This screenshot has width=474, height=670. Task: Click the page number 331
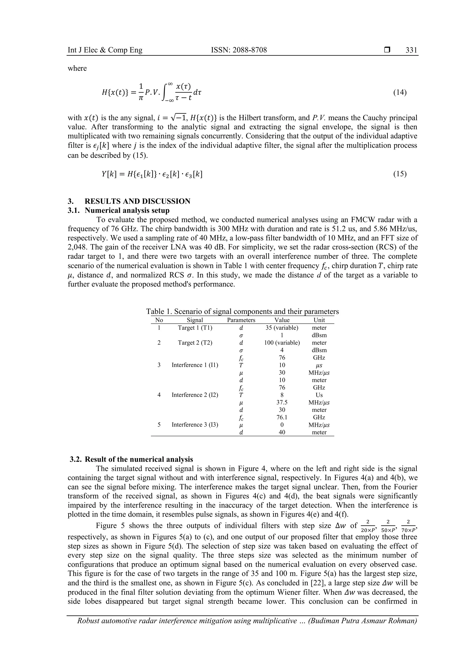(x=411, y=50)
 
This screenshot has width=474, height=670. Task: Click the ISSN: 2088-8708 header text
(x=239, y=50)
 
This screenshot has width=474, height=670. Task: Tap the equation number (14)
(x=399, y=93)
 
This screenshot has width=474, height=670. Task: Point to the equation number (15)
(x=399, y=174)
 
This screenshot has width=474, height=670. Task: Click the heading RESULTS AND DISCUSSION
(x=137, y=201)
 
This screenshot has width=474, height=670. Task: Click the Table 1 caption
(x=242, y=311)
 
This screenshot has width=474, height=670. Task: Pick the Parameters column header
(x=241, y=320)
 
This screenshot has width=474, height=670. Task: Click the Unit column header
(x=319, y=320)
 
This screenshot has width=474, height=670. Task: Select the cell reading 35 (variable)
(x=282, y=328)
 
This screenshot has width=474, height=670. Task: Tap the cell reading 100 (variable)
(x=282, y=343)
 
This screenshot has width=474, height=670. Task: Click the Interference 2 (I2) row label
(x=195, y=395)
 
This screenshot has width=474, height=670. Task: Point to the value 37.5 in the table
(x=282, y=402)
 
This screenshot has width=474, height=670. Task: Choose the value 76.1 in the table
(x=282, y=417)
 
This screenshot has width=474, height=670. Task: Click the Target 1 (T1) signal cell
(x=195, y=328)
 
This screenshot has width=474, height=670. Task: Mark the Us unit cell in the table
(x=319, y=395)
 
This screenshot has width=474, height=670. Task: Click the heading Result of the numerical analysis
(x=139, y=459)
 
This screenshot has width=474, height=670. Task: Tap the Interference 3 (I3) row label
(x=195, y=425)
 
